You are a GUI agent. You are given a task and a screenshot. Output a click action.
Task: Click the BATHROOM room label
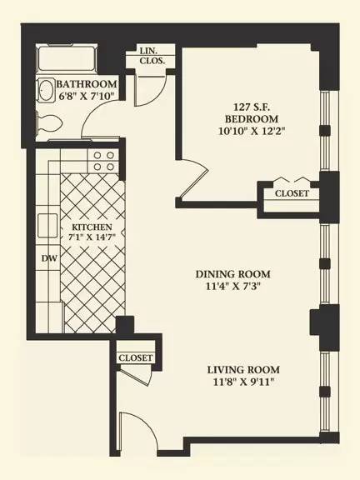click(87, 84)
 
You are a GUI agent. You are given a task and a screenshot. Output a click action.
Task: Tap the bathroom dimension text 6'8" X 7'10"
click(87, 96)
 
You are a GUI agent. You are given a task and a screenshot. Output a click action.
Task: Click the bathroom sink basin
click(45, 90)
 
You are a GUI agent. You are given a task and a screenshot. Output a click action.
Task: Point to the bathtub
click(67, 59)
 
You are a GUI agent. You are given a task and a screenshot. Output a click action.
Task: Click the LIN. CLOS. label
click(152, 55)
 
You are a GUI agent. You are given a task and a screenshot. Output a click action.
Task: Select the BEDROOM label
click(252, 119)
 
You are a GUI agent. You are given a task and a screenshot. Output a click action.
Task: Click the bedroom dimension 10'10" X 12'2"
click(252, 132)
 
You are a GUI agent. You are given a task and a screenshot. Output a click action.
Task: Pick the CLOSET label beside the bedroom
click(292, 193)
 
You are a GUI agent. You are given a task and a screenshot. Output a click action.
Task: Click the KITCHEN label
click(92, 227)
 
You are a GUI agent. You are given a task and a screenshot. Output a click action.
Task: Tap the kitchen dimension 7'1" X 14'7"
click(91, 237)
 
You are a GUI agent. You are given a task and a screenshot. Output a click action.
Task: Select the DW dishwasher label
click(49, 258)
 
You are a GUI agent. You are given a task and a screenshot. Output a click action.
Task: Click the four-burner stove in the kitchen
click(103, 161)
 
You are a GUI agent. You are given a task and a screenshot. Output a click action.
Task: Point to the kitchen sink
click(47, 226)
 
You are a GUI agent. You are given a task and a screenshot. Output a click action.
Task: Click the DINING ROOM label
click(233, 274)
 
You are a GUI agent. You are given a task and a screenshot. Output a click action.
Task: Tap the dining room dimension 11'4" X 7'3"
click(233, 287)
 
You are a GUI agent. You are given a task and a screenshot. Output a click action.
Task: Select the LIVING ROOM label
click(243, 370)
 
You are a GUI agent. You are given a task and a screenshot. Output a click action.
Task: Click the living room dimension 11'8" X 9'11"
click(243, 382)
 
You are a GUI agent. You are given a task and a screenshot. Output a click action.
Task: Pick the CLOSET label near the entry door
click(135, 357)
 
